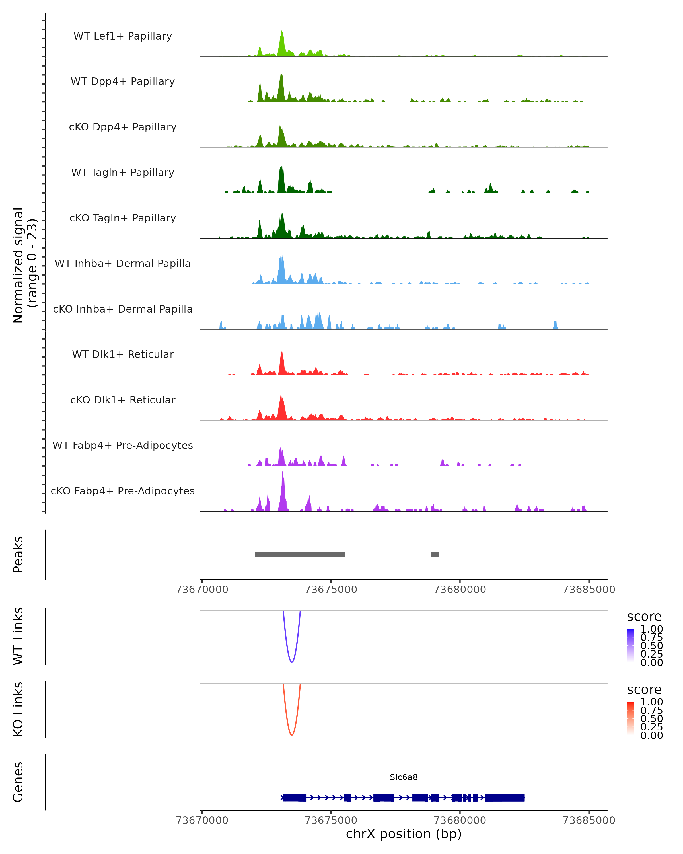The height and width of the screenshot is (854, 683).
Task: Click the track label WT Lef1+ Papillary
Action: pyautogui.click(x=123, y=36)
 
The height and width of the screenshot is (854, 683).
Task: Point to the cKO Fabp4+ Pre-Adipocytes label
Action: pyautogui.click(x=123, y=491)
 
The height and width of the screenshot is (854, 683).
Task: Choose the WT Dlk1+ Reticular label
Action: pyautogui.click(x=123, y=354)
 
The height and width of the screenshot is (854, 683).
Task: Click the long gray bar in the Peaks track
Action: pyautogui.click(x=300, y=555)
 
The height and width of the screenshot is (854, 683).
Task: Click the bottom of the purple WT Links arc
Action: pyautogui.click(x=291, y=662)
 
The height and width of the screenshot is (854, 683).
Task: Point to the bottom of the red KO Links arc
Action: pyautogui.click(x=291, y=734)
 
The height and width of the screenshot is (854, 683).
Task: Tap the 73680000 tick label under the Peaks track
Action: pyautogui.click(x=460, y=590)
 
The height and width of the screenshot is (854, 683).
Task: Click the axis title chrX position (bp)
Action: pyautogui.click(x=404, y=834)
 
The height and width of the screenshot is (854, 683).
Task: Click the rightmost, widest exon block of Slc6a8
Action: pyautogui.click(x=505, y=797)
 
